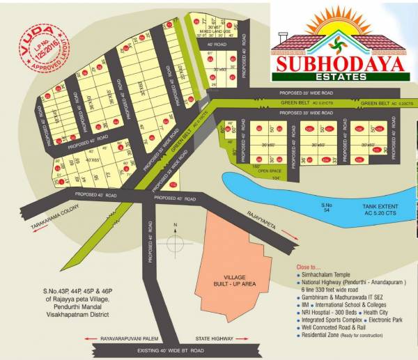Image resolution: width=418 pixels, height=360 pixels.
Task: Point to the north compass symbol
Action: tap(177, 241)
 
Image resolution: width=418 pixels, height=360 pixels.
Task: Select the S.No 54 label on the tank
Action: tap(327, 208)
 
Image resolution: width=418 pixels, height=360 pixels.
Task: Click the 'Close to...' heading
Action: tap(309, 267)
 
